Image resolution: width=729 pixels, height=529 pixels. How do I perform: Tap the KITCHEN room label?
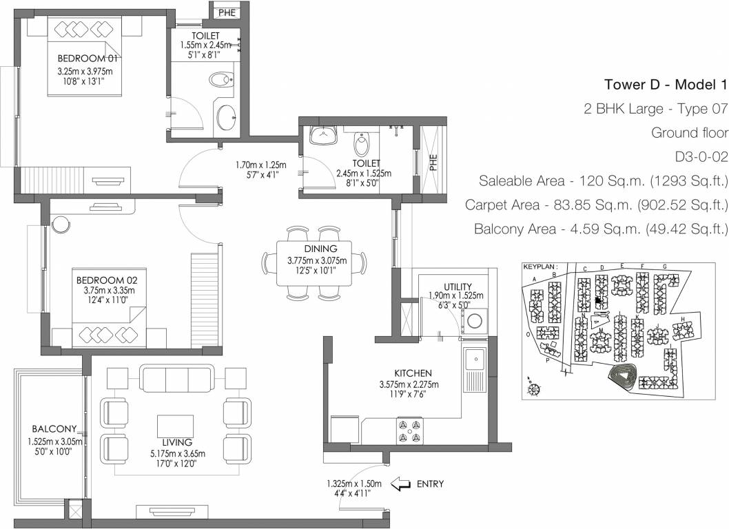(x=413, y=373)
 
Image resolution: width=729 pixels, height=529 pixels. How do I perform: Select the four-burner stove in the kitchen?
(x=408, y=431)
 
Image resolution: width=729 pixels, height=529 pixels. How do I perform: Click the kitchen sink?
(x=473, y=359)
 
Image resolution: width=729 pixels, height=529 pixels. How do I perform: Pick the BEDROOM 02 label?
(x=107, y=280)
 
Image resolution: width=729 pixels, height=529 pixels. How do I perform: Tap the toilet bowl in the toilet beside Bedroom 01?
(x=221, y=81)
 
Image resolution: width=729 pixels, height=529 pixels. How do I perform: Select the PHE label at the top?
(x=226, y=12)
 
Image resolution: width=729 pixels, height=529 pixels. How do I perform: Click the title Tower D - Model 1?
(x=666, y=85)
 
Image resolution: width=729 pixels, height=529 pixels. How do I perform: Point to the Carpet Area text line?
(x=597, y=205)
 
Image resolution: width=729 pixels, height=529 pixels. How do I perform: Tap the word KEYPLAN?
(x=539, y=265)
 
